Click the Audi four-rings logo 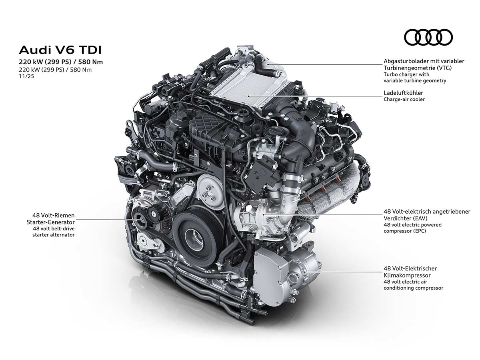pyautogui.click(x=428, y=37)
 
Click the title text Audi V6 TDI pyautogui.click(x=60, y=50)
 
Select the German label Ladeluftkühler pyautogui.click(x=403, y=93)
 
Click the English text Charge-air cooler pyautogui.click(x=404, y=99)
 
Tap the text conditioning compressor pyautogui.click(x=413, y=288)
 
